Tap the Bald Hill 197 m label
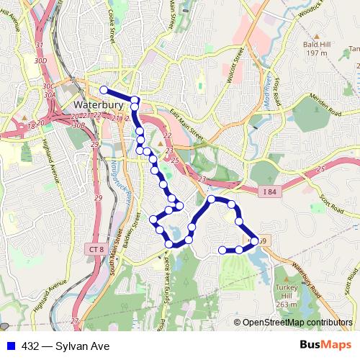tap(315, 48)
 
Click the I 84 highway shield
tap(269, 190)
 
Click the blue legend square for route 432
tap(11, 346)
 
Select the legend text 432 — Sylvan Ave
tap(66, 346)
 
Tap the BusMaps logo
tap(322, 346)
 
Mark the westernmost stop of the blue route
tap(104, 90)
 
